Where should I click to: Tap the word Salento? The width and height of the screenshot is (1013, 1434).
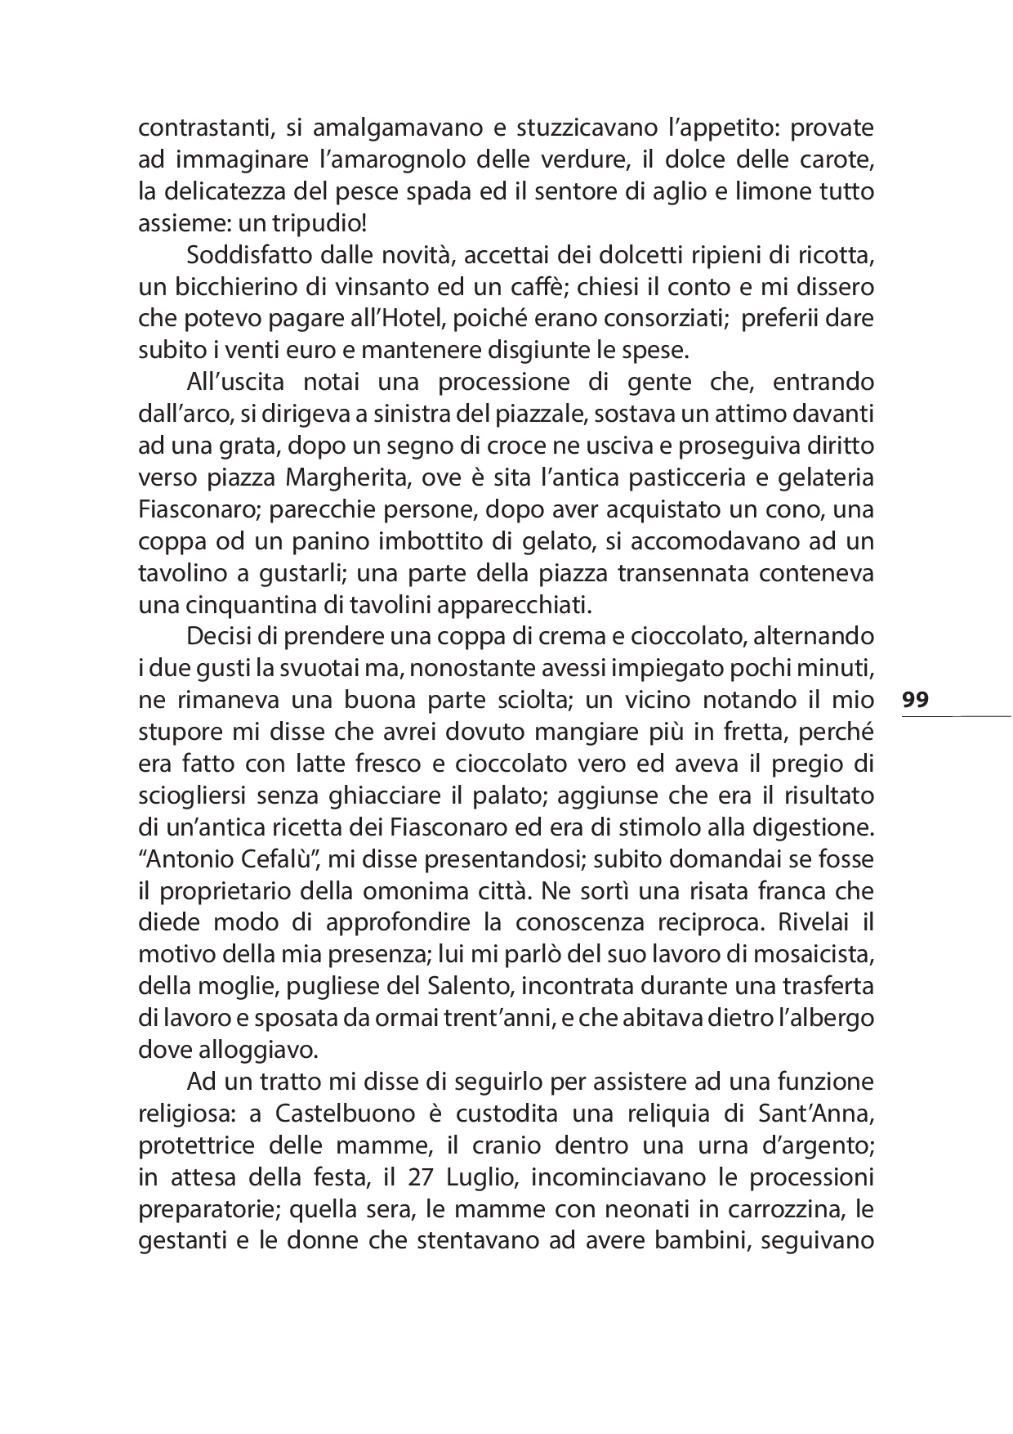[467, 986]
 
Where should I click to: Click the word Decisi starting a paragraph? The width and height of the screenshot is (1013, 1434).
[215, 637]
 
